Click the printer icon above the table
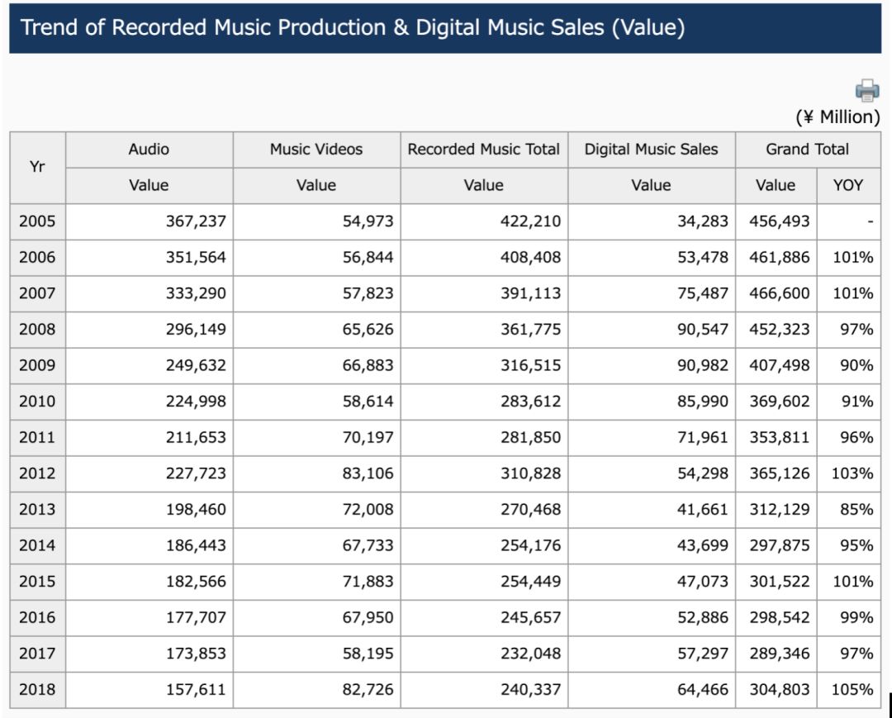click(x=867, y=89)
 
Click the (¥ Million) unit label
click(x=837, y=116)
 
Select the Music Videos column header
click(x=316, y=150)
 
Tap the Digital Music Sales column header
click(x=651, y=150)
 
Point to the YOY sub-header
click(x=847, y=185)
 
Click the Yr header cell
click(x=37, y=167)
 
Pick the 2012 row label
click(x=37, y=473)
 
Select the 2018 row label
click(x=37, y=689)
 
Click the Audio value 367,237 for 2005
click(x=196, y=221)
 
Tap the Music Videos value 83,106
click(x=368, y=473)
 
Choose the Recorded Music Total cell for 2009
click(x=530, y=365)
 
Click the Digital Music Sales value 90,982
click(x=703, y=365)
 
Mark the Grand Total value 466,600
click(x=779, y=293)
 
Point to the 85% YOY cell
click(x=856, y=510)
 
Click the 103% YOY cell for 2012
click(x=852, y=473)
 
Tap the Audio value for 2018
click(x=196, y=689)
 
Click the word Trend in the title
click(x=49, y=27)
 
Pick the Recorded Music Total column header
click(x=483, y=150)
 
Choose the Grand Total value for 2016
click(x=779, y=617)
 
